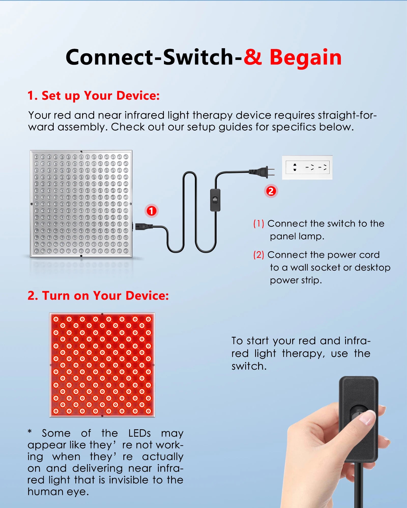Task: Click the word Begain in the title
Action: pyautogui.click(x=305, y=58)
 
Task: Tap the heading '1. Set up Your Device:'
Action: pyautogui.click(x=93, y=96)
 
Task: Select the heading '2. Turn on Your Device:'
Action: pyautogui.click(x=98, y=296)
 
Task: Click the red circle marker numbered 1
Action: pyautogui.click(x=151, y=211)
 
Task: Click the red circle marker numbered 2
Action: pyautogui.click(x=271, y=191)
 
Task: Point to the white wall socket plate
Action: pyautogui.click(x=307, y=167)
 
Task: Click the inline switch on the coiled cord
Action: pyautogui.click(x=215, y=200)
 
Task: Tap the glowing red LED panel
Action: pyautogui.click(x=102, y=365)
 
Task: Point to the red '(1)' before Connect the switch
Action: pyautogui.click(x=258, y=224)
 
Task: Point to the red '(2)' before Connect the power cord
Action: pyautogui.click(x=258, y=255)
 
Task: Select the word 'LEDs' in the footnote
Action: pyautogui.click(x=139, y=433)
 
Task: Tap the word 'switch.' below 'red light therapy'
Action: pyautogui.click(x=249, y=366)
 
